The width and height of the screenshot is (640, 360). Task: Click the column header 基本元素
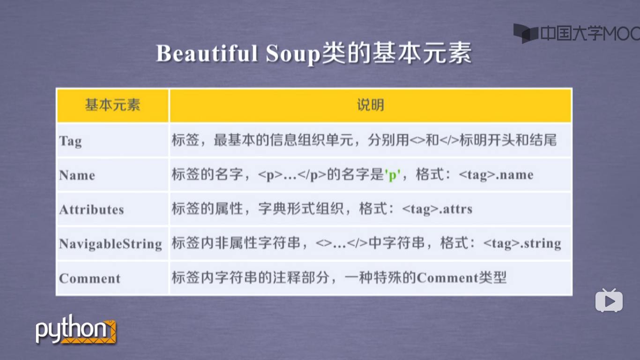tap(112, 105)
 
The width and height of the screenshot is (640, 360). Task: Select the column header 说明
tap(370, 105)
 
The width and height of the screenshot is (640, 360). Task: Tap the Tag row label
tap(71, 141)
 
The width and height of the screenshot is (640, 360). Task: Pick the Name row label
tap(77, 175)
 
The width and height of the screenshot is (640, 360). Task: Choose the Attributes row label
tap(92, 210)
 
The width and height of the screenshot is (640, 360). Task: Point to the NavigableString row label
tap(111, 244)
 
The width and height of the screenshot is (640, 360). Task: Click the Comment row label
tap(90, 278)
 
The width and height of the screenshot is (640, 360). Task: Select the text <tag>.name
tap(496, 175)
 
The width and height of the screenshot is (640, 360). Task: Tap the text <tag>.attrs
tap(437, 209)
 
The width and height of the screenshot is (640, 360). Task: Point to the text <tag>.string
tap(522, 243)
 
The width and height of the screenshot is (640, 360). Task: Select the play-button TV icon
tap(609, 301)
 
